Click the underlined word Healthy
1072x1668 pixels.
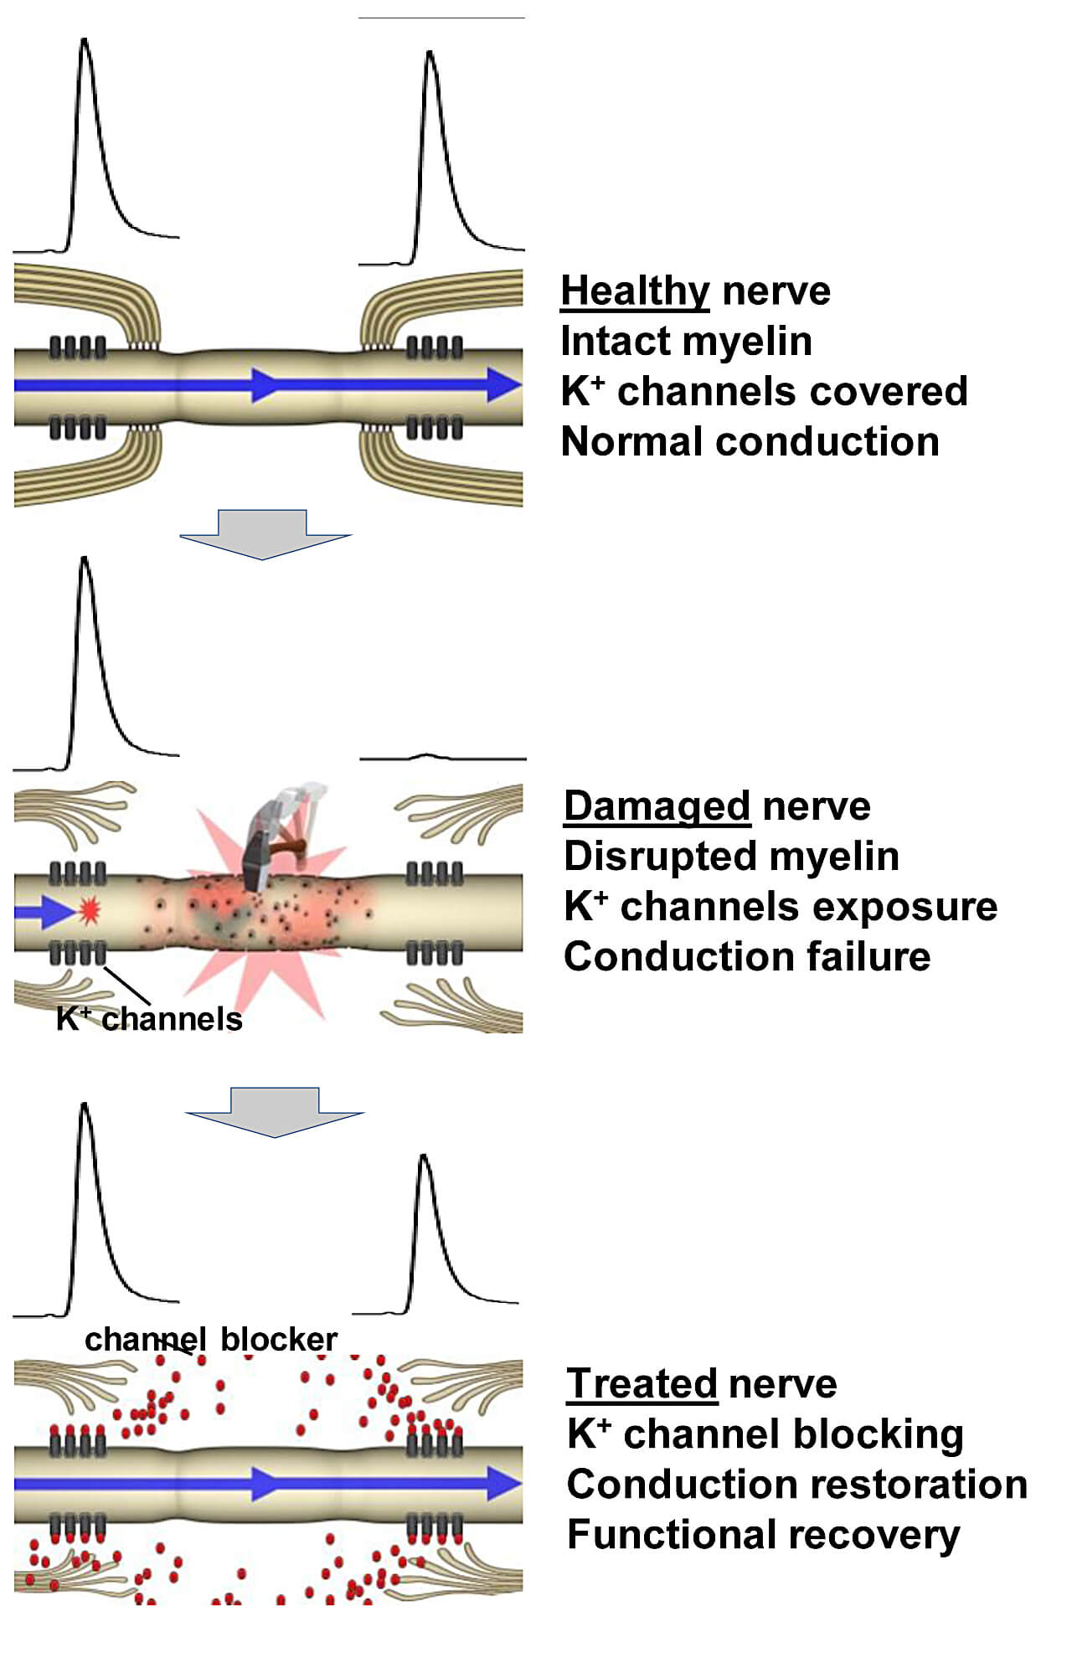(635, 291)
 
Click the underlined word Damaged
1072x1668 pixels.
(657, 806)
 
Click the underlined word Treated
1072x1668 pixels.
(642, 1384)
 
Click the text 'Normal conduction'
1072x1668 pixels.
(750, 442)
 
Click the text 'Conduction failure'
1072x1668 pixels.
(747, 957)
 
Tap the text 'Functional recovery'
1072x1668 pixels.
(763, 1535)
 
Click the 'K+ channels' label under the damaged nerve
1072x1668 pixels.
(149, 1019)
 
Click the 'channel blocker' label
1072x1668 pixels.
(211, 1340)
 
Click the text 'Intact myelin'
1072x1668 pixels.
(686, 342)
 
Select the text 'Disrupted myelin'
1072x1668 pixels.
(731, 857)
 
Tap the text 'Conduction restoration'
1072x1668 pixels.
(796, 1485)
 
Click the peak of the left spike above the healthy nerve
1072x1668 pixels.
(84, 40)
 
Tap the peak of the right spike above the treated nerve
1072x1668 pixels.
(424, 1157)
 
